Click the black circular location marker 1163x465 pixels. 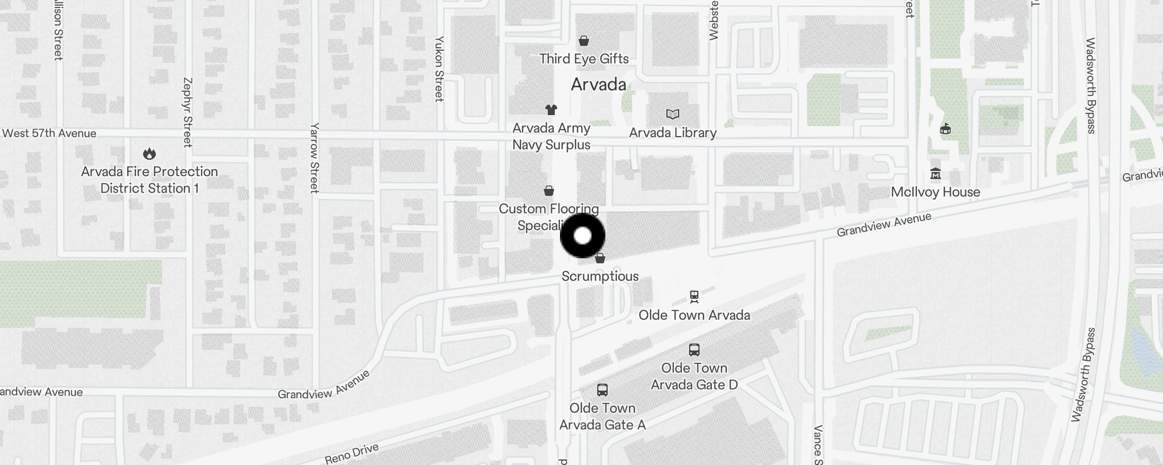[582, 236]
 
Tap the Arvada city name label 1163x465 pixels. [598, 85]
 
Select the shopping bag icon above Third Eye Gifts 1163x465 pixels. [584, 41]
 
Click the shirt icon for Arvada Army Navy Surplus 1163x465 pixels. [551, 109]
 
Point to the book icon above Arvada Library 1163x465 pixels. [673, 115]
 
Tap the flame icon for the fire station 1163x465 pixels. [149, 153]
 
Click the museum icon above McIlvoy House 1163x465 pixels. [936, 174]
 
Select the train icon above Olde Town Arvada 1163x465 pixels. [694, 297]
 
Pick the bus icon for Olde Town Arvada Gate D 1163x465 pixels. [694, 350]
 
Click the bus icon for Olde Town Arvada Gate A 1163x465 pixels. [602, 390]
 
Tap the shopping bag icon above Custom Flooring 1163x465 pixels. [548, 191]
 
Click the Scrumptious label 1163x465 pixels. [600, 276]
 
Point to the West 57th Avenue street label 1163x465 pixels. [49, 133]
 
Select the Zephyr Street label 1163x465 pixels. [187, 112]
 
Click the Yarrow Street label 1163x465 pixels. [315, 158]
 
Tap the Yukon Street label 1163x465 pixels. [440, 69]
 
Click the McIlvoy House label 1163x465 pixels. [936, 192]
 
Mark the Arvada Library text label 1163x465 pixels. [673, 133]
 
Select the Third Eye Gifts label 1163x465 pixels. [584, 59]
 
